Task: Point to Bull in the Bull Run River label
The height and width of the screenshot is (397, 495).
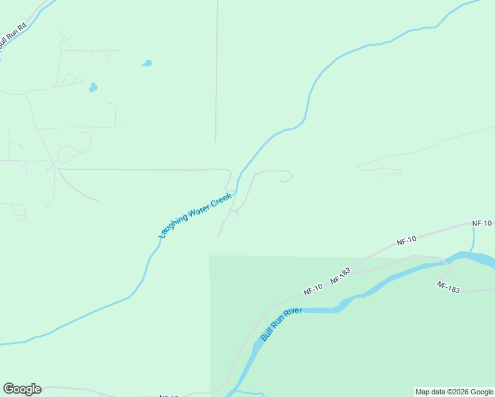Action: pos(266,334)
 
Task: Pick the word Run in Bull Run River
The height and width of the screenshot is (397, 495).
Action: pos(278,325)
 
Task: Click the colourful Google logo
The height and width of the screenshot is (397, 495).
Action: pos(22,389)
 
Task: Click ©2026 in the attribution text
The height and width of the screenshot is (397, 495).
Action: pos(459,392)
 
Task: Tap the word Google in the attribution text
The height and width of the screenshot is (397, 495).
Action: pos(482,392)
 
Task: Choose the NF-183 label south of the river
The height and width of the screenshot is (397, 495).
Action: pos(448,287)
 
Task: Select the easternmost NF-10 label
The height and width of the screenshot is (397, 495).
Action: pos(482,224)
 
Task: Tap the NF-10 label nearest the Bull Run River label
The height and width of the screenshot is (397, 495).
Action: pos(313,289)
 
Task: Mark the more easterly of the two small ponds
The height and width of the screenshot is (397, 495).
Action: pos(147,64)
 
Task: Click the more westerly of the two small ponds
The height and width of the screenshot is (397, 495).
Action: pos(93,87)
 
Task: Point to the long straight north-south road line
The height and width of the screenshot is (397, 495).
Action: pos(216,73)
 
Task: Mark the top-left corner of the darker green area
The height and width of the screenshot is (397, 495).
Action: pos(210,256)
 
